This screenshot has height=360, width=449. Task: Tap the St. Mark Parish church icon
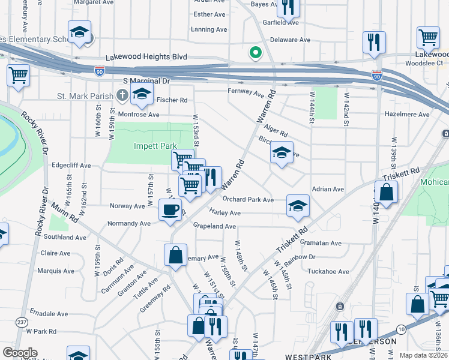(122, 95)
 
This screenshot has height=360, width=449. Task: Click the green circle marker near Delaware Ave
(256, 53)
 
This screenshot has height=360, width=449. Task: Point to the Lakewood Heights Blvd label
(146, 57)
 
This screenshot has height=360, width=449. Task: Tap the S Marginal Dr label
(146, 80)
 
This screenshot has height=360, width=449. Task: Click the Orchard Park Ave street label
(248, 199)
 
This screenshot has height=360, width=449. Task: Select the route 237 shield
(22, 322)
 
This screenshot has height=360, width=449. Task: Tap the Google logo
(20, 353)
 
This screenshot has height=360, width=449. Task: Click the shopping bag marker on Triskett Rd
(387, 193)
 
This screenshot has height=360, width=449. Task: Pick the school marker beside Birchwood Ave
(281, 153)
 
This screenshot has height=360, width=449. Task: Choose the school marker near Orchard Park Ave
(298, 206)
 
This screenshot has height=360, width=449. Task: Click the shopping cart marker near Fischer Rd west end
(19, 76)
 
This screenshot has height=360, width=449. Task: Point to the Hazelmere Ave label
(407, 114)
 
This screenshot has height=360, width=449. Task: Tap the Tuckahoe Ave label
(328, 271)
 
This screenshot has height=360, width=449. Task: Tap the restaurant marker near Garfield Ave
(289, 8)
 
